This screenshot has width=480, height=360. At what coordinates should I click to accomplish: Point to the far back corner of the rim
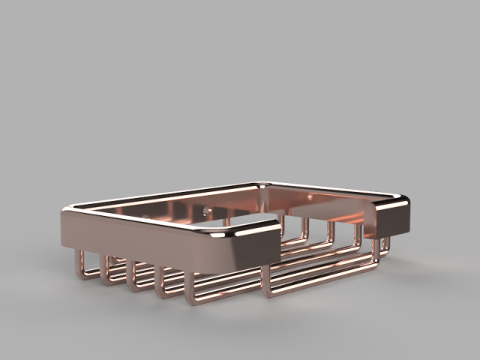pos(259,182)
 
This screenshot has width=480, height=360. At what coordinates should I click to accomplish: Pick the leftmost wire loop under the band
pos(85,267)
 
